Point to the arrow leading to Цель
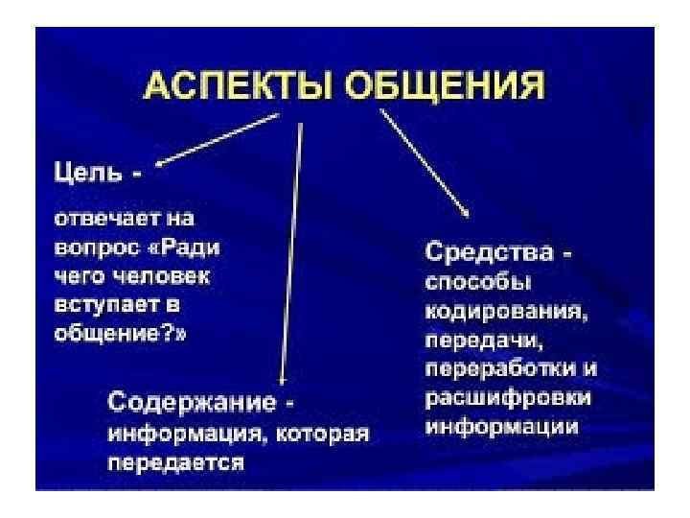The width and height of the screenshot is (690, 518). (218, 138)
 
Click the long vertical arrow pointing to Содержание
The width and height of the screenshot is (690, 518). (291, 249)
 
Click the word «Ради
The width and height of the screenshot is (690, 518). (187, 247)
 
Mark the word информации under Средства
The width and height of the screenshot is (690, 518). (501, 426)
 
